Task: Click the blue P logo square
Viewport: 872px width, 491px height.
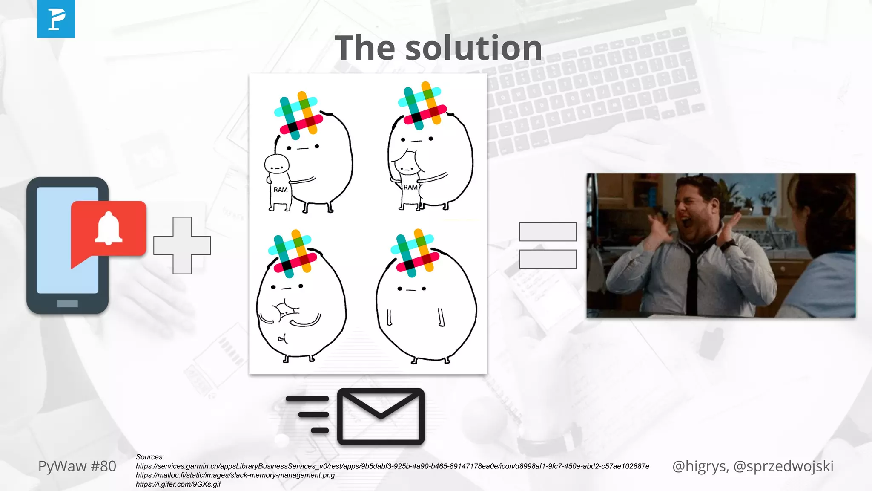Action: coord(56,19)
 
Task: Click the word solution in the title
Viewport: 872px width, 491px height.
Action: coord(474,48)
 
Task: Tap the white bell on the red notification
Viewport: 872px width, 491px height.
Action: coord(109,228)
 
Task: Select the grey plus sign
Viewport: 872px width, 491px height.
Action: coord(182,245)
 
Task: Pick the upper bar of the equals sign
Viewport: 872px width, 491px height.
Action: coord(548,232)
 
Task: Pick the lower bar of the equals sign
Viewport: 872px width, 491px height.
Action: coord(548,259)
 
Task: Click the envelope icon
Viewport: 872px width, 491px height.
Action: coord(381,416)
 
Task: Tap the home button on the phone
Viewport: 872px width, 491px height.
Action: coord(67,303)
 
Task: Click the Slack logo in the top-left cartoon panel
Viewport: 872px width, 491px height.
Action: coord(298,115)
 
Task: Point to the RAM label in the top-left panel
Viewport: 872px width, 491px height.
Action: coord(280,190)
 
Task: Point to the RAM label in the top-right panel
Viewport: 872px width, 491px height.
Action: coord(410,187)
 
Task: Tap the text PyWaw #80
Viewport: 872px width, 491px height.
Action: coord(77,466)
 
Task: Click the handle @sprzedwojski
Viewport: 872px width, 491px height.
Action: coord(783,466)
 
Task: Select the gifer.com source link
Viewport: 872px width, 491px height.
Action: coord(178,484)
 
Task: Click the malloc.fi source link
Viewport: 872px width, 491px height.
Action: coord(235,475)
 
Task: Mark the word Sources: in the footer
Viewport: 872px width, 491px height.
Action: coord(150,457)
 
